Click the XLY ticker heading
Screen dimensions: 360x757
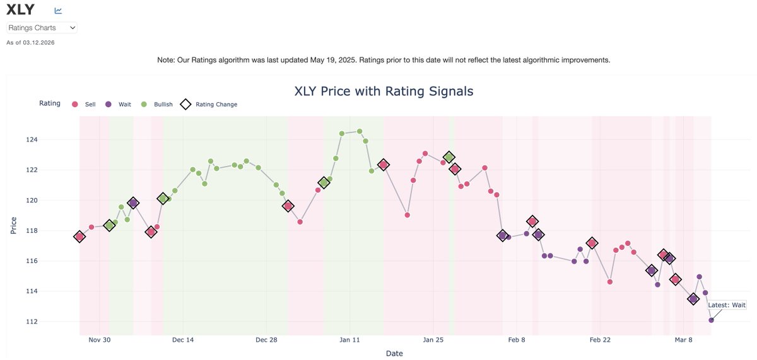20,9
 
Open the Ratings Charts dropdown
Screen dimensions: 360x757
42,28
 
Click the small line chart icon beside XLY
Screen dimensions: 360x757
58,11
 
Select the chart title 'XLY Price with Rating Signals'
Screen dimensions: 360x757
384,91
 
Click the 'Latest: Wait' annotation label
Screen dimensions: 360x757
727,305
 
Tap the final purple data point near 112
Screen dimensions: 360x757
711,320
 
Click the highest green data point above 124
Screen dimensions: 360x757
360,131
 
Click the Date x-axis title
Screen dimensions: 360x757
394,354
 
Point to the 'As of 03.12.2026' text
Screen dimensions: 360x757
30,42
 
